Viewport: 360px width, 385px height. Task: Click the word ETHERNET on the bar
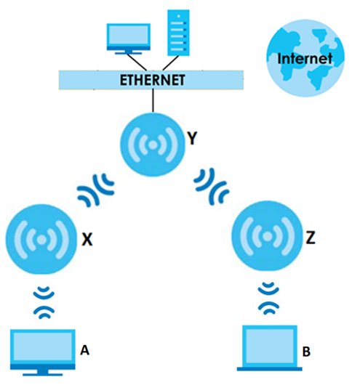click(x=152, y=80)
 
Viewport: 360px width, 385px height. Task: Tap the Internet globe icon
click(x=305, y=58)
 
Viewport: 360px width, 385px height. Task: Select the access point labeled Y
click(x=153, y=145)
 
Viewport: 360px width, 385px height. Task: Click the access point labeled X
click(x=41, y=240)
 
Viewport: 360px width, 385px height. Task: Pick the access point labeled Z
click(x=267, y=236)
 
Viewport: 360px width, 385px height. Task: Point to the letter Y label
click(x=192, y=139)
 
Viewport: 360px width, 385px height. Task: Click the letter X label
click(x=87, y=239)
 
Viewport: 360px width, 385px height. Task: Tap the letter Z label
click(x=311, y=238)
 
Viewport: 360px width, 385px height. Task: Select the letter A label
click(x=84, y=350)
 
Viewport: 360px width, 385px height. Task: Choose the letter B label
click(x=306, y=352)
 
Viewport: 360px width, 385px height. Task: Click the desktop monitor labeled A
click(x=42, y=352)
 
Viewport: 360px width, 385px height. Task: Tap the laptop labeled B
click(x=270, y=348)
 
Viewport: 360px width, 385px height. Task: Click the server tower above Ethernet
click(x=178, y=33)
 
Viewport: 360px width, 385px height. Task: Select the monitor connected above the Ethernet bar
click(x=128, y=38)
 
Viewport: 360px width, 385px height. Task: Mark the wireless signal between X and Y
click(x=96, y=190)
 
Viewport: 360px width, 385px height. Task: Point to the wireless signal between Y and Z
click(x=212, y=187)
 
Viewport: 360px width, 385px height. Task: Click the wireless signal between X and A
click(x=44, y=303)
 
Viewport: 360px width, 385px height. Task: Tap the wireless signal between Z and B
click(x=268, y=299)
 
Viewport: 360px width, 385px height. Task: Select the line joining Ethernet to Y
click(x=153, y=100)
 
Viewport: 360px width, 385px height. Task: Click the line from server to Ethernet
click(x=171, y=63)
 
